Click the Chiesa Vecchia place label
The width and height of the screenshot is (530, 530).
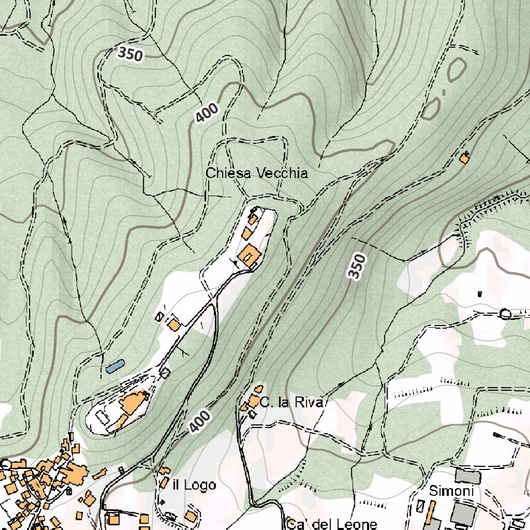(257, 173)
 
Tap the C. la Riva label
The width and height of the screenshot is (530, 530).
(292, 403)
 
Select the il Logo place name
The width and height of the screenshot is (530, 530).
(194, 485)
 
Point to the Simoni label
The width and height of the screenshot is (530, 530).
(451, 491)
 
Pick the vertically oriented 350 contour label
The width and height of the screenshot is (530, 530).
(357, 267)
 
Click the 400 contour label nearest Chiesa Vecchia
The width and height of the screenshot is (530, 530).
(207, 113)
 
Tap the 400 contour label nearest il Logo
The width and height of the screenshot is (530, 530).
(199, 421)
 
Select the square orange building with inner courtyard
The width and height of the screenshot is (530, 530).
(249, 256)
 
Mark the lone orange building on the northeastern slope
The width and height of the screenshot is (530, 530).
(464, 158)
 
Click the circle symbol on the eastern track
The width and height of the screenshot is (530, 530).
(506, 314)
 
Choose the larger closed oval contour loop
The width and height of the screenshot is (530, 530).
(456, 69)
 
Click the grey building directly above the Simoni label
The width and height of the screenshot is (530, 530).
(468, 476)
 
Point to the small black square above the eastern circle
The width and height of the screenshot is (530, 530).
(479, 294)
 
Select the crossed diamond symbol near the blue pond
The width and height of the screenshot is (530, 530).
(165, 372)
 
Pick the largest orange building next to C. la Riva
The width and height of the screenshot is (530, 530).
(254, 401)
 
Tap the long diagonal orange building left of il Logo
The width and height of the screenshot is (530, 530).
(100, 474)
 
